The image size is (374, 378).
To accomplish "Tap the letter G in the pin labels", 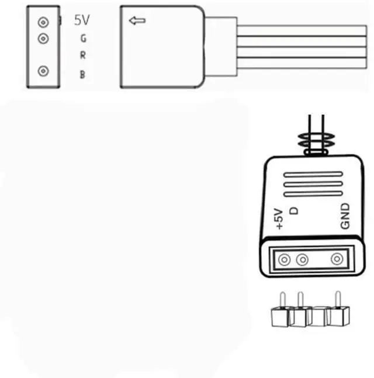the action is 83,39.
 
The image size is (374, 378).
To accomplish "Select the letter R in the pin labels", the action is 83,56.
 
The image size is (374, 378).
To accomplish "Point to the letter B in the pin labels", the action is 83,74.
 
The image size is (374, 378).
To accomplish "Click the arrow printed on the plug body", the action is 137,22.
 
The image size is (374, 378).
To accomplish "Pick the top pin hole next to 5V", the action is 43,23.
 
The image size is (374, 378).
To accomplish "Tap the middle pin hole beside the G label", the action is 43,39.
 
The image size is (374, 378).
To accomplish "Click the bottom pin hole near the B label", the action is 43,71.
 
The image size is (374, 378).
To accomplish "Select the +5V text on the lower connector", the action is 278,219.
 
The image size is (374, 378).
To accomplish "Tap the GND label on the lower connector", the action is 345,216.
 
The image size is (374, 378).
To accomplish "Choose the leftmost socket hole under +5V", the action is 285,259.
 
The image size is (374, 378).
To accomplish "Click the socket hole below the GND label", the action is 337,259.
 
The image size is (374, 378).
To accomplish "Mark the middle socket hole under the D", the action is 302,259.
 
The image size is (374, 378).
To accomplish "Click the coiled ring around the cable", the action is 316,142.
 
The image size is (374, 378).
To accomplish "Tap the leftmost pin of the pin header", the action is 282,301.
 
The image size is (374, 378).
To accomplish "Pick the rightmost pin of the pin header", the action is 337,301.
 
